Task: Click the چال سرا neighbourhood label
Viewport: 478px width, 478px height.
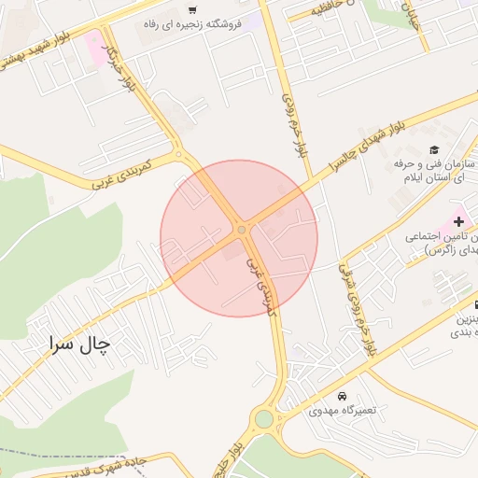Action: tap(80, 344)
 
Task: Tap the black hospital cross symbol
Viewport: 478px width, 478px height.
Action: tap(457, 220)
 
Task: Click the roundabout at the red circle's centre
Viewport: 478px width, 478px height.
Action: tap(242, 229)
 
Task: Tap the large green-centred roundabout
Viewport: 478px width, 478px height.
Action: tap(265, 419)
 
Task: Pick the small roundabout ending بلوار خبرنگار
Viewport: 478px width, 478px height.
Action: tap(177, 155)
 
